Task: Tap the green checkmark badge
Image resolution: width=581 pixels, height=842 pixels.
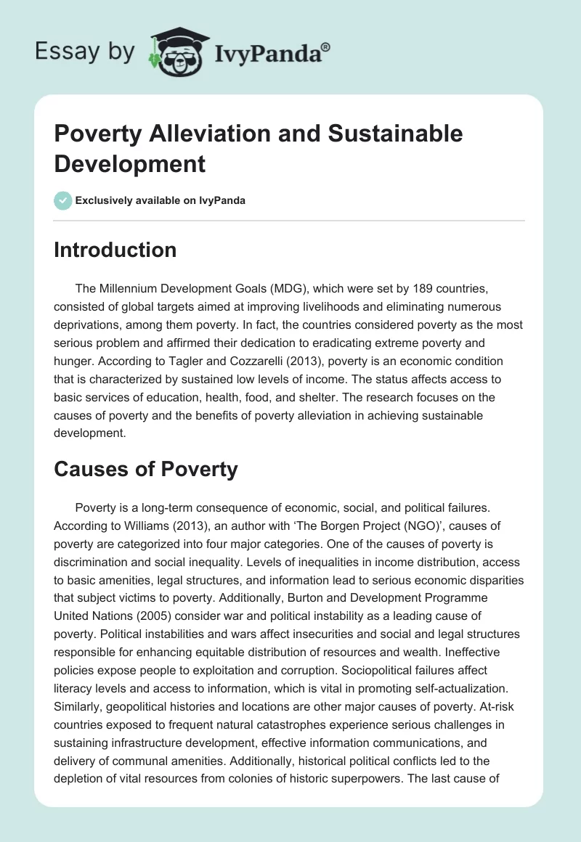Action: pyautogui.click(x=63, y=200)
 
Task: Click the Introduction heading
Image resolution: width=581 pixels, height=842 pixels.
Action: pyautogui.click(x=115, y=250)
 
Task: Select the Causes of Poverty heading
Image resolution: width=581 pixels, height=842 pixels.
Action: pyautogui.click(x=146, y=469)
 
